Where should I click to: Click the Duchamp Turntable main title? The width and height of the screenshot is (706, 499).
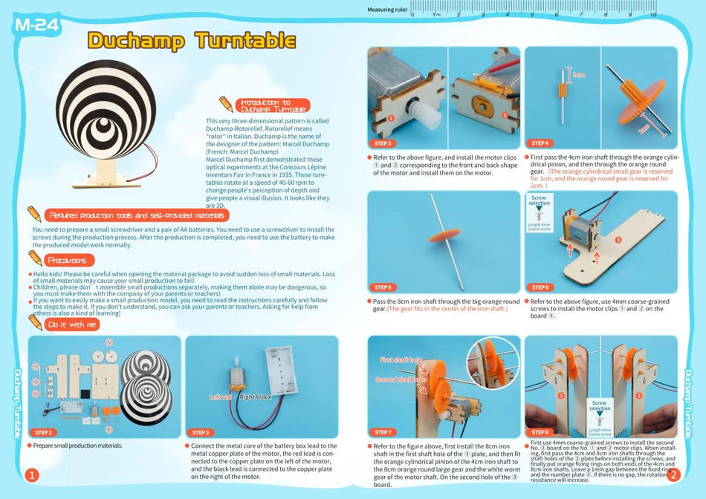[192, 39]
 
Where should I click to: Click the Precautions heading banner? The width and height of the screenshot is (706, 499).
[70, 261]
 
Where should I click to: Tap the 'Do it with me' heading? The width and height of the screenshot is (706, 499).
[72, 324]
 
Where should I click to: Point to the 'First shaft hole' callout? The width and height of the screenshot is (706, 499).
[401, 360]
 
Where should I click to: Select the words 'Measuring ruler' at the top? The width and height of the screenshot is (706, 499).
[387, 10]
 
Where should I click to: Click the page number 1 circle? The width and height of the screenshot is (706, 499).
[31, 475]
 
